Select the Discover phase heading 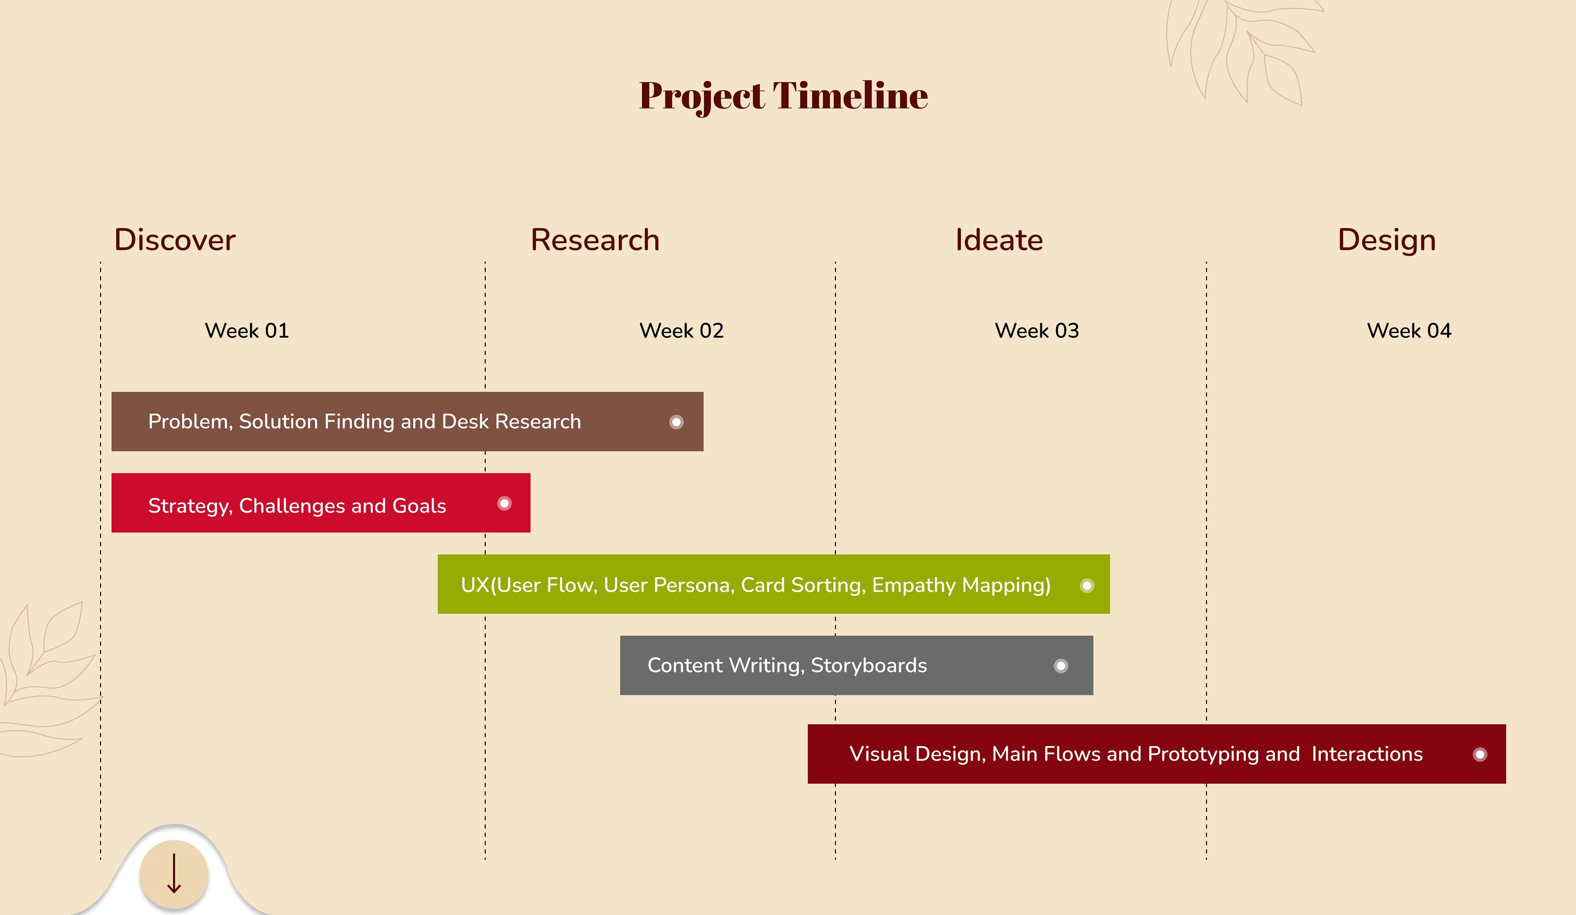pyautogui.click(x=174, y=240)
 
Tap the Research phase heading pyautogui.click(x=595, y=240)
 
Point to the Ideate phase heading pyautogui.click(x=999, y=240)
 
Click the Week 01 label pyautogui.click(x=247, y=330)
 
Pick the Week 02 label pyautogui.click(x=681, y=330)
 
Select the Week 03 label pyautogui.click(x=1037, y=330)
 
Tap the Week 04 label pyautogui.click(x=1409, y=330)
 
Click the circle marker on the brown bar pyautogui.click(x=676, y=422)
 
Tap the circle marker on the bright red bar pyautogui.click(x=504, y=503)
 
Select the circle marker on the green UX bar pyautogui.click(x=1087, y=586)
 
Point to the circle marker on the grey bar pyautogui.click(x=1061, y=666)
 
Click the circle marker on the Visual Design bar pyautogui.click(x=1480, y=754)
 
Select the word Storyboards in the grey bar pyautogui.click(x=869, y=666)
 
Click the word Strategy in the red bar pyautogui.click(x=191, y=506)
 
